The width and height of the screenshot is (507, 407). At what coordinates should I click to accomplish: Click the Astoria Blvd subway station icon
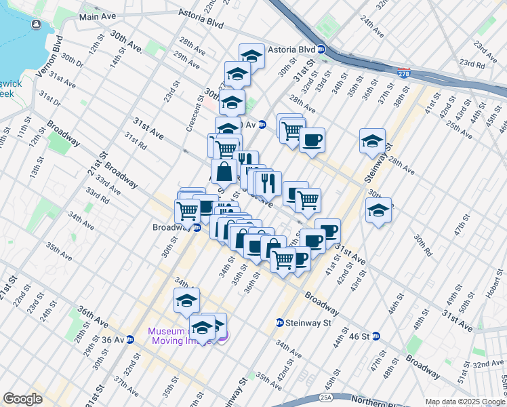323,50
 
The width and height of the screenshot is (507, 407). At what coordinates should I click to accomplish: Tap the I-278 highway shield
404,73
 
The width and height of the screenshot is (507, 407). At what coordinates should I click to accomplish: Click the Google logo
22,399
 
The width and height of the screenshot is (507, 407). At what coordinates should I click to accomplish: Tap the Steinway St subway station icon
279,322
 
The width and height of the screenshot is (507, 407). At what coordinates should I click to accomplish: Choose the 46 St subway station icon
376,336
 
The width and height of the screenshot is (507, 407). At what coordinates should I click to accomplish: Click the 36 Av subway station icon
130,339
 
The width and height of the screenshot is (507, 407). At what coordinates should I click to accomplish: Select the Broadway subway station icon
197,228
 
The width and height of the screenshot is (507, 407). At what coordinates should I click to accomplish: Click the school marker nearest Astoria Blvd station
251,55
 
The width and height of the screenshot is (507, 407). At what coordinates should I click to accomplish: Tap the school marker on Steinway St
373,140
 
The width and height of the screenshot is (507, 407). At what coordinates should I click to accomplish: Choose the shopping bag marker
224,172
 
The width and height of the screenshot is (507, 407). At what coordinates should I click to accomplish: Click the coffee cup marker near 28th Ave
312,140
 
